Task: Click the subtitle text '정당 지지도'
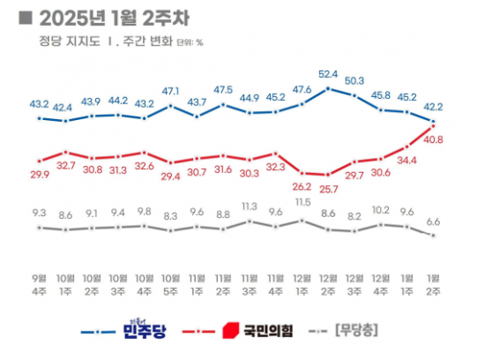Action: tap(63, 41)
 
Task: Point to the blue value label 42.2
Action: tap(434, 108)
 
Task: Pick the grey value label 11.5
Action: tap(302, 203)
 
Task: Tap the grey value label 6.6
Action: tap(434, 222)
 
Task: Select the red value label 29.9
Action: tap(40, 175)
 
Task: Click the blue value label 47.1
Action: tap(170, 91)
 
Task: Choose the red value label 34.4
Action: tap(407, 161)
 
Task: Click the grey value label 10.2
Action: tap(381, 211)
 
